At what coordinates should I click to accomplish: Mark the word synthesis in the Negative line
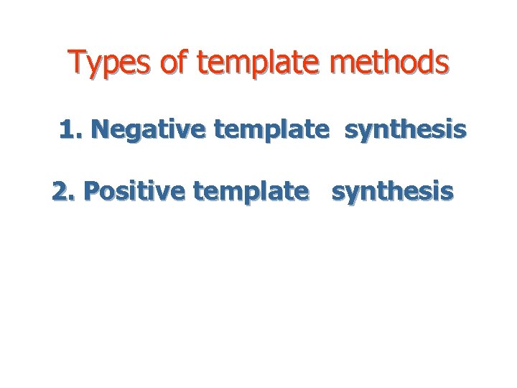pos(406,131)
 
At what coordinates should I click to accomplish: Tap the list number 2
pos(62,191)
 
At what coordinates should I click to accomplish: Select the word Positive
pos(134,191)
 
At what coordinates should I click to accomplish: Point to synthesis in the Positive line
pos(392,193)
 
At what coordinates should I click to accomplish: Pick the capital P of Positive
pos(91,191)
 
